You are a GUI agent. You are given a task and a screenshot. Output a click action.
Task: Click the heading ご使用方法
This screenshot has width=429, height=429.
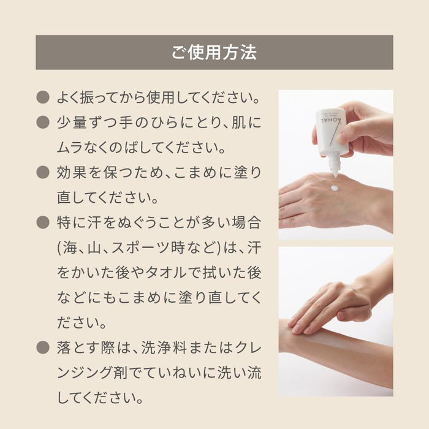click(214, 52)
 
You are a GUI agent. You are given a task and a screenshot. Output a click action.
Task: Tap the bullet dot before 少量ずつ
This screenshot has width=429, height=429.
click(42, 122)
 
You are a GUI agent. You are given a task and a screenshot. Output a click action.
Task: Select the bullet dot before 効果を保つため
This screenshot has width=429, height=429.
click(42, 172)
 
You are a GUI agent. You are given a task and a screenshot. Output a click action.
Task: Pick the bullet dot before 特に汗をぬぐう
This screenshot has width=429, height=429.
click(42, 222)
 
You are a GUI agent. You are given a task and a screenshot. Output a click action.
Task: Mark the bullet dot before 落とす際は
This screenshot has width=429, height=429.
click(42, 347)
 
